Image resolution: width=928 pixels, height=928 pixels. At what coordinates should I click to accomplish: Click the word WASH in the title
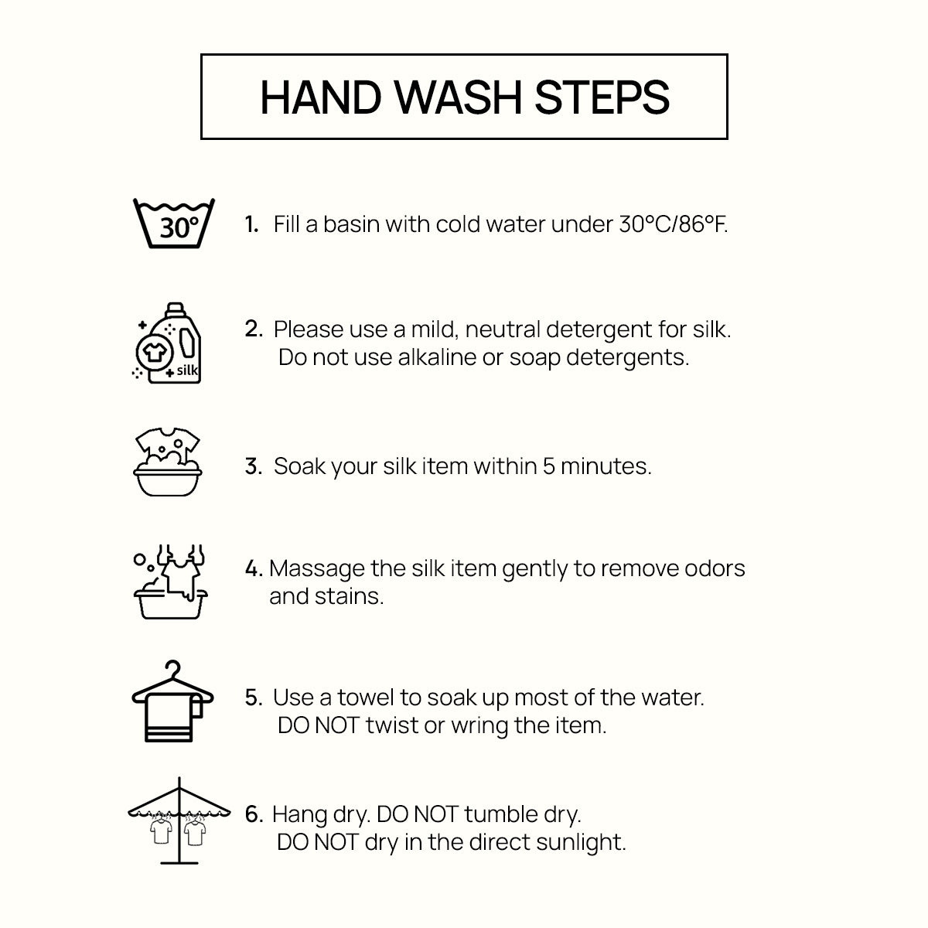pyautogui.click(x=458, y=97)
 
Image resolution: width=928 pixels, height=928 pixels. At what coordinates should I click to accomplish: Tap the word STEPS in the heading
pyautogui.click(x=602, y=97)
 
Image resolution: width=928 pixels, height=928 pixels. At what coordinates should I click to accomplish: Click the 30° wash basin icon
pyautogui.click(x=173, y=223)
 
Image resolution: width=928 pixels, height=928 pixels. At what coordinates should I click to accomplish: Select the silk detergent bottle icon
pyautogui.click(x=166, y=343)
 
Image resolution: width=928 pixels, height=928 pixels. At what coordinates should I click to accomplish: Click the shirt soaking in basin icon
pyautogui.click(x=168, y=462)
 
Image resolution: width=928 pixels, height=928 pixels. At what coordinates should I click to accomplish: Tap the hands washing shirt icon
pyautogui.click(x=170, y=582)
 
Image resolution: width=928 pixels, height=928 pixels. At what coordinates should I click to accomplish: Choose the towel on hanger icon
pyautogui.click(x=172, y=701)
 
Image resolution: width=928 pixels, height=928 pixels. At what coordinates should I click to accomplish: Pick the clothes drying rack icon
pyautogui.click(x=179, y=821)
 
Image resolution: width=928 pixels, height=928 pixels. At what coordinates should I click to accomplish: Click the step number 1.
pyautogui.click(x=251, y=224)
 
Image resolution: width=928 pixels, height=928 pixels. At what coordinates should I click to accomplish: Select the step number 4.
pyautogui.click(x=254, y=568)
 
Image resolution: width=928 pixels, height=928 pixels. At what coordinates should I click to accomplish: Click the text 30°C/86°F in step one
pyautogui.click(x=674, y=224)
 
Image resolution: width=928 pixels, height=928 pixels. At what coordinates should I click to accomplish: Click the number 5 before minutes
pyautogui.click(x=548, y=466)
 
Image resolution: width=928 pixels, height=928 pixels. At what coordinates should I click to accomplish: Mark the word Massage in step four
pyautogui.click(x=317, y=569)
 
